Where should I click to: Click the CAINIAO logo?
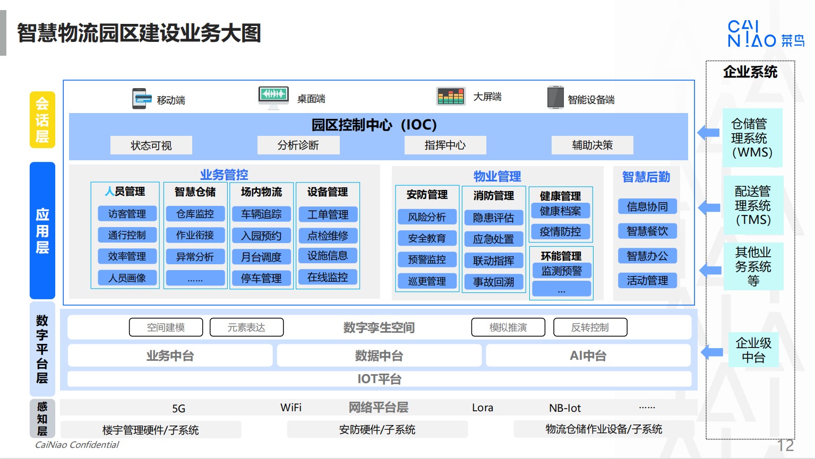[766, 34]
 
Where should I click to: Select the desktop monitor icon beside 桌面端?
[273, 98]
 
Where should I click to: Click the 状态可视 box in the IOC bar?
[151, 145]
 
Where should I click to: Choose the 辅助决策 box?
[592, 145]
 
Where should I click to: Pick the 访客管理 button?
[127, 213]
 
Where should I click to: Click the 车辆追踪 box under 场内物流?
[261, 214]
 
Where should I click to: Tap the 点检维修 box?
[328, 236]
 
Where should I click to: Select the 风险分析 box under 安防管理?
[427, 217]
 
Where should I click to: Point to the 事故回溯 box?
[493, 282]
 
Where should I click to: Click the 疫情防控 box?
[560, 232]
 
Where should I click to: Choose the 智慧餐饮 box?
[647, 231]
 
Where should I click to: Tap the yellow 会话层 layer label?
[42, 120]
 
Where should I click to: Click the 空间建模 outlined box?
[166, 327]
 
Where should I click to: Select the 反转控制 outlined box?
[590, 327]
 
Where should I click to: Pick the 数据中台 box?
[379, 356]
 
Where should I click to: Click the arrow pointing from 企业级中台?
[711, 352]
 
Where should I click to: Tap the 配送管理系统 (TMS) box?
[753, 205]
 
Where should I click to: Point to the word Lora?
[483, 408]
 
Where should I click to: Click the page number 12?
[785, 446]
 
